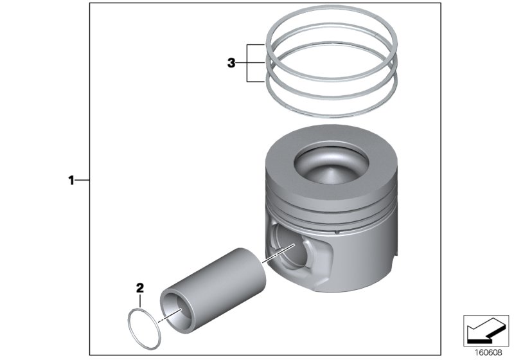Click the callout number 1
point(72,181)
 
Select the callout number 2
point(139,287)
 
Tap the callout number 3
point(232,63)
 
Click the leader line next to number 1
point(83,181)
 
